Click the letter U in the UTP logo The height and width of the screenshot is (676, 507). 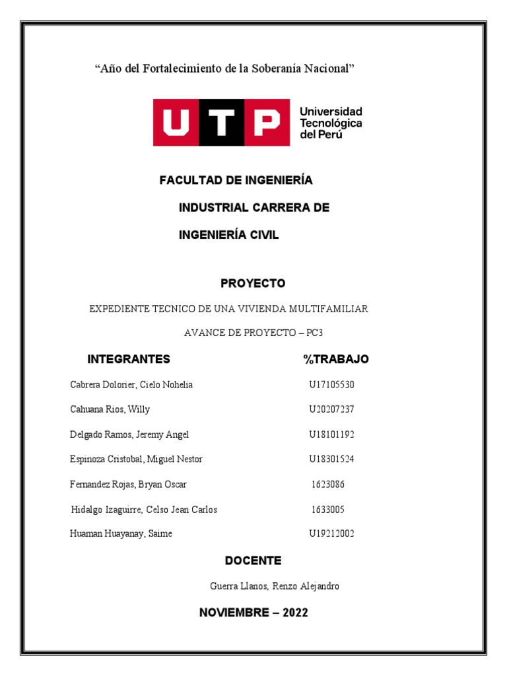pos(176,122)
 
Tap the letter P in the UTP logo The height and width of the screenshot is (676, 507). pos(267,122)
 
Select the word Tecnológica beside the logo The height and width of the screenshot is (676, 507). pos(331,123)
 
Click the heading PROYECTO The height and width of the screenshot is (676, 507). pos(253,283)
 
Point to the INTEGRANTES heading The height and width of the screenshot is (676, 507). pos(129,359)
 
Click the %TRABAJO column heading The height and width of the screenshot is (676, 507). pos(336,359)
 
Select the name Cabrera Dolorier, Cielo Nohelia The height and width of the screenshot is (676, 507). pos(131,385)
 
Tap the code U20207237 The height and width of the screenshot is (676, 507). pos(331,409)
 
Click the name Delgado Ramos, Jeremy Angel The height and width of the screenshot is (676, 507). pos(129,434)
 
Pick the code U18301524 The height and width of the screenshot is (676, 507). pos(331,459)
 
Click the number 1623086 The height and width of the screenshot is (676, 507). pos(328,485)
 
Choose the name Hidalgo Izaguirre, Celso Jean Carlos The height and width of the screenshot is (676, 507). pos(144,510)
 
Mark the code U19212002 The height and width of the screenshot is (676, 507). pos(331,533)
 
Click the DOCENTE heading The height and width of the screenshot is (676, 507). pos(253,560)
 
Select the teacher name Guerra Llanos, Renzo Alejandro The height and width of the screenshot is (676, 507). pos(275,586)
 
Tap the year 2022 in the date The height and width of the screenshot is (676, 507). pos(295,613)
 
